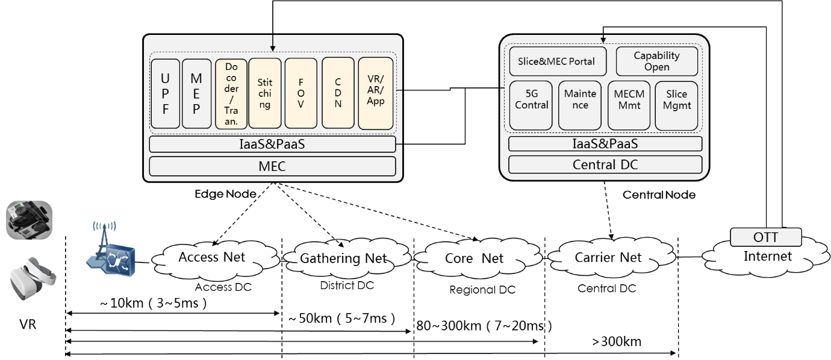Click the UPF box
pyautogui.click(x=165, y=93)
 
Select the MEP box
pyautogui.click(x=196, y=93)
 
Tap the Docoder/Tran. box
pyautogui.click(x=231, y=93)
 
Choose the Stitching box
pyautogui.click(x=265, y=93)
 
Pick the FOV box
pyautogui.click(x=300, y=93)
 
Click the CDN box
pyautogui.click(x=338, y=93)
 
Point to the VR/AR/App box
pyautogui.click(x=376, y=93)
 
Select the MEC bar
pyautogui.click(x=272, y=166)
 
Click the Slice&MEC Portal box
pyautogui.click(x=556, y=61)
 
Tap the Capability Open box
pyautogui.click(x=656, y=61)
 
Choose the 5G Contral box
pyautogui.click(x=531, y=105)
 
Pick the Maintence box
pyautogui.click(x=580, y=105)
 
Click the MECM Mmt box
pyautogui.click(x=629, y=105)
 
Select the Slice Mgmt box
pyautogui.click(x=676, y=105)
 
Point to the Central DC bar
pyautogui.click(x=605, y=164)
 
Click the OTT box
pyautogui.click(x=766, y=237)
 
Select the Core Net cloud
pyautogui.click(x=474, y=259)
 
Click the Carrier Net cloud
pyautogui.click(x=608, y=258)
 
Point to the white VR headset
pyautogui.click(x=33, y=279)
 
